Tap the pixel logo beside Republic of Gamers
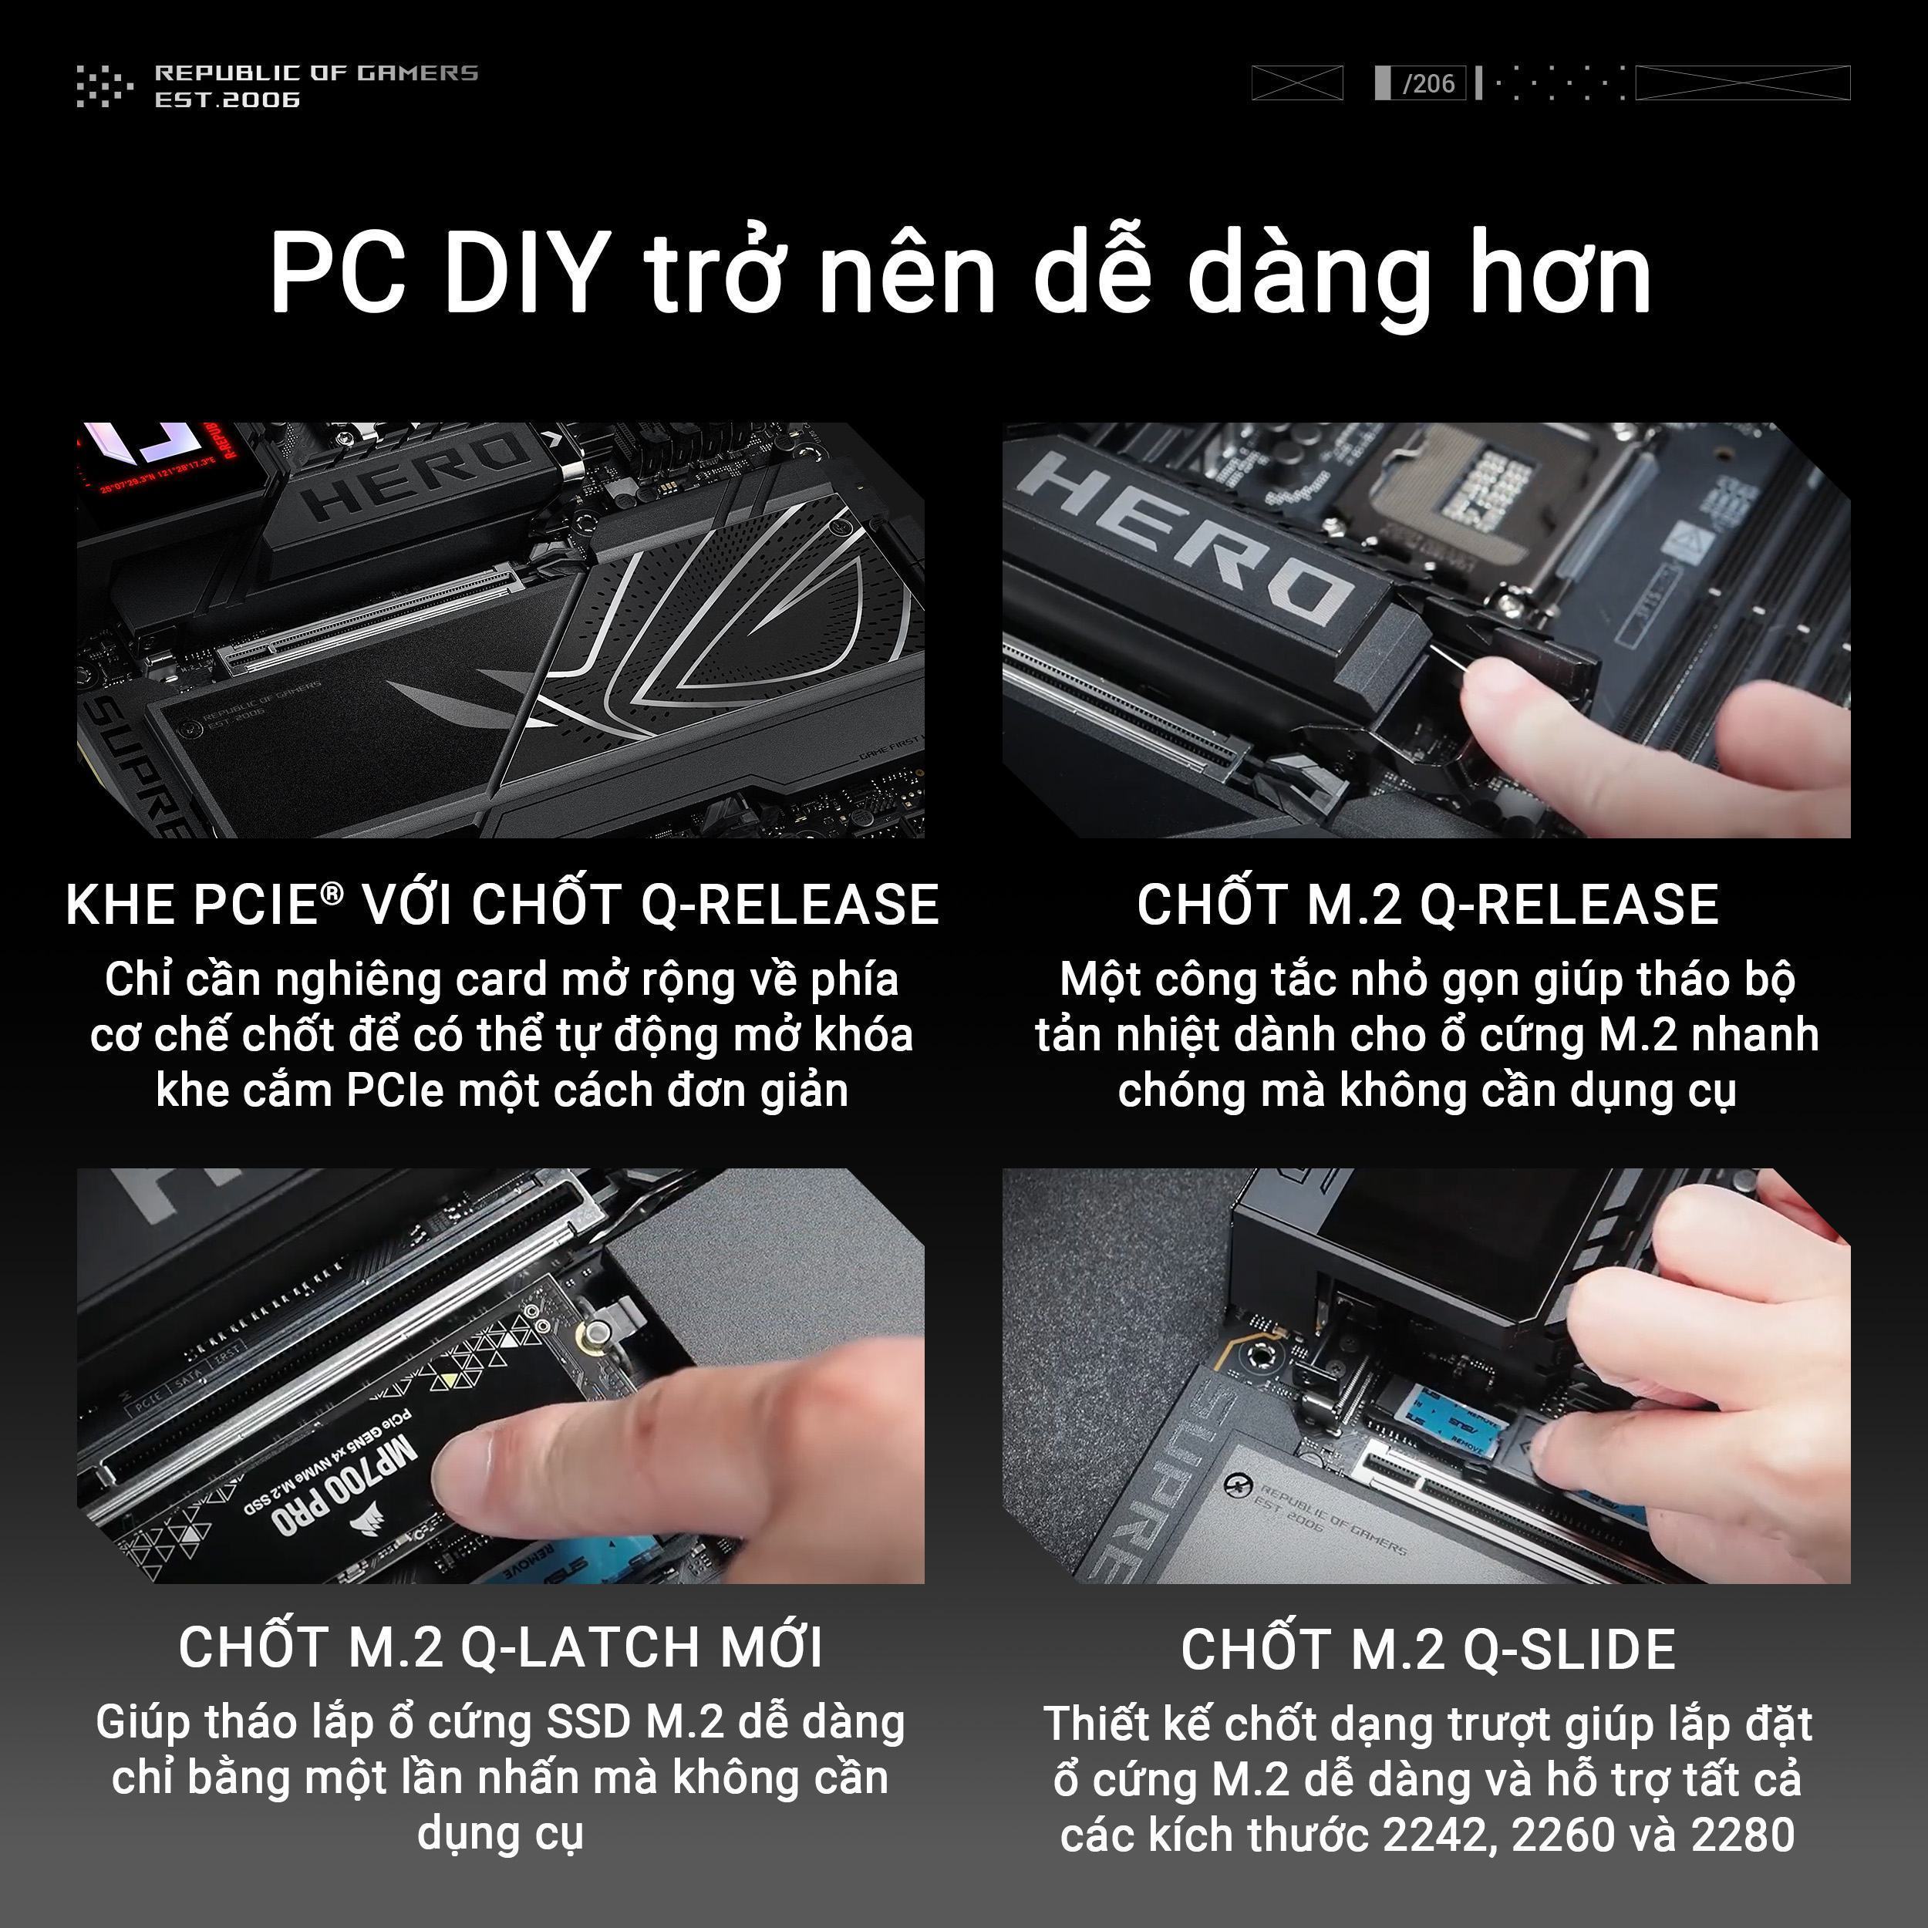coord(104,85)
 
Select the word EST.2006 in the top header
coord(227,99)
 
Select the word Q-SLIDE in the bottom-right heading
coord(1569,1650)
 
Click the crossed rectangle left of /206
coord(1297,83)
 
